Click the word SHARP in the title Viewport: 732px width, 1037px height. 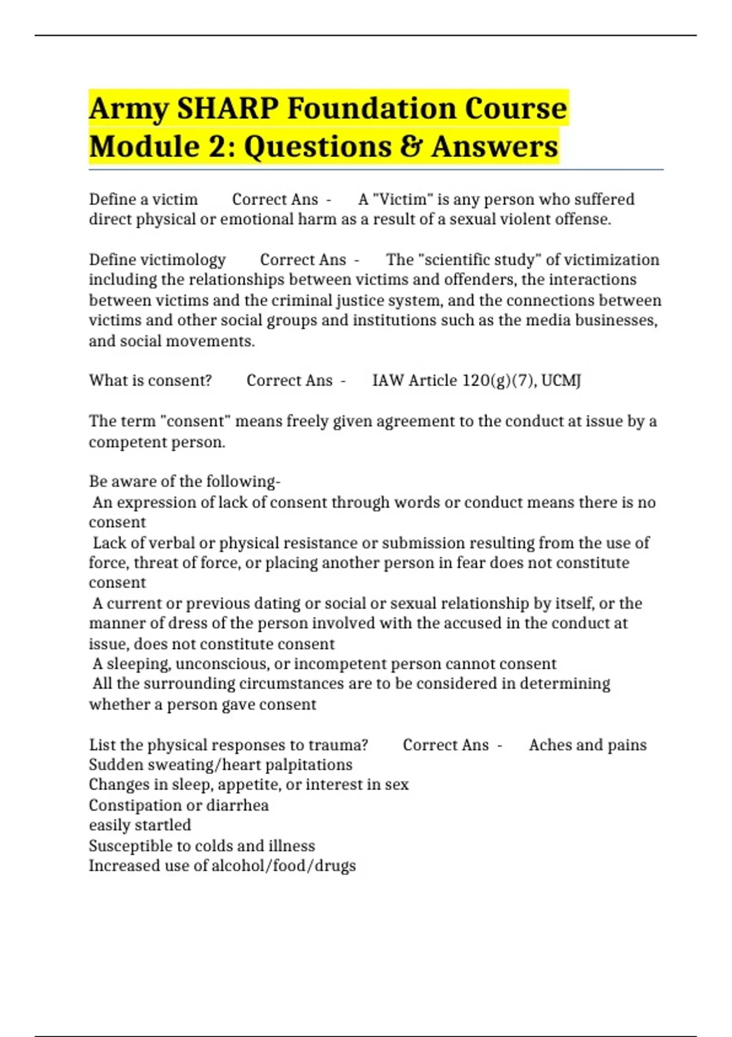point(226,109)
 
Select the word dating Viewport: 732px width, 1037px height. point(276,603)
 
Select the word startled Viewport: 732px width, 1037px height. point(165,825)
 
